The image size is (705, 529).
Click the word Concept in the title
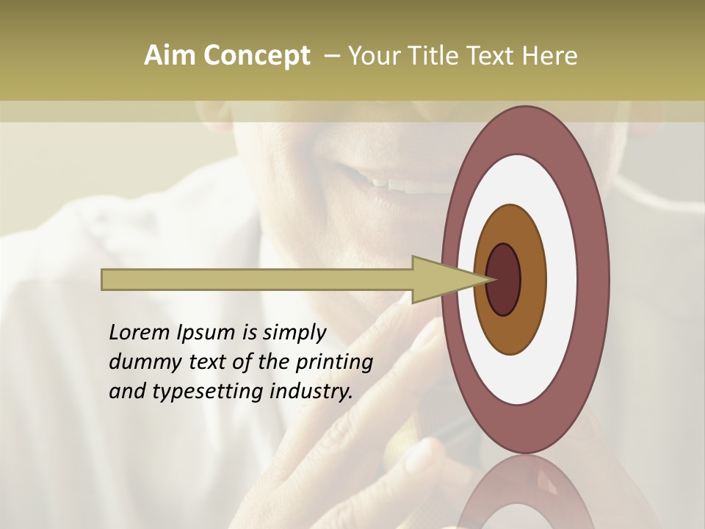(256, 56)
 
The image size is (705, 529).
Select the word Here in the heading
(550, 56)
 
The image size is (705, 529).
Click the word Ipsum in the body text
(206, 334)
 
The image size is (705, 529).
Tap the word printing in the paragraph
(333, 362)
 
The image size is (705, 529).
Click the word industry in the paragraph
(311, 392)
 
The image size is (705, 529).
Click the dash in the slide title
(331, 56)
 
